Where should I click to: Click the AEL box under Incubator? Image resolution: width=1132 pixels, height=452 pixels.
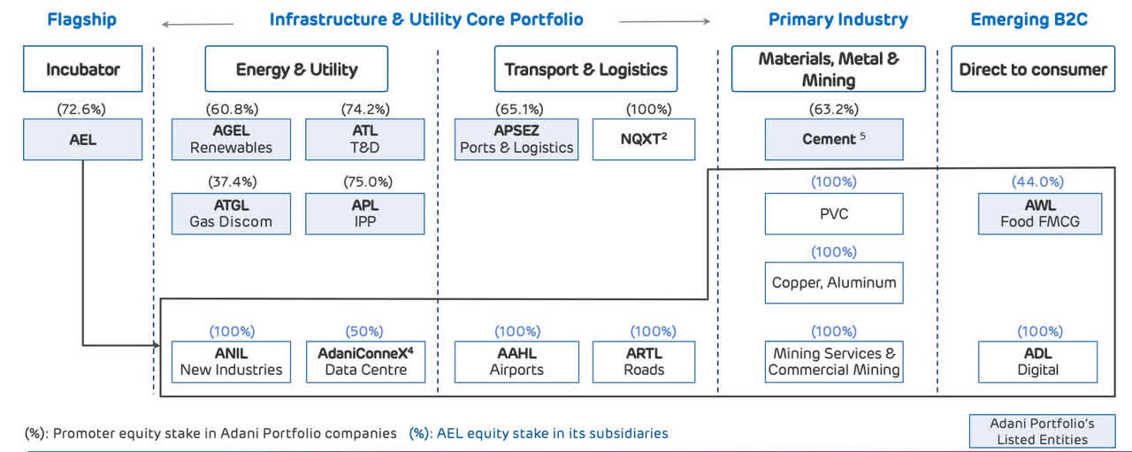83,140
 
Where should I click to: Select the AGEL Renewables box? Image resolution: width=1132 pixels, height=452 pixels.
231,140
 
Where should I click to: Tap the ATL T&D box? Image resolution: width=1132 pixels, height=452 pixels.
364,140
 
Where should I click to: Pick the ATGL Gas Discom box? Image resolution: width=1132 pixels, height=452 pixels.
231,213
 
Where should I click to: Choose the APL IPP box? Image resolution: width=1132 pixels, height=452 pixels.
364,213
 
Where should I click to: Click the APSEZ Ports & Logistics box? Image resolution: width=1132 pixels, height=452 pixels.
516,140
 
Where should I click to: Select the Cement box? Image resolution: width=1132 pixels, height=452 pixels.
834,140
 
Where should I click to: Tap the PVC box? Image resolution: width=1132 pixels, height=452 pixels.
834,213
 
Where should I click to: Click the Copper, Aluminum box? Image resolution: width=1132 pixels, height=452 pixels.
834,283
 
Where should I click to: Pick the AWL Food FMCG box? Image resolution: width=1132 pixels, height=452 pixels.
1040,213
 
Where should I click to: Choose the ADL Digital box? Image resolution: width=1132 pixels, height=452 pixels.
1038,361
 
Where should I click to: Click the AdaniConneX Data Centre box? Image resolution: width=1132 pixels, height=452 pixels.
365,361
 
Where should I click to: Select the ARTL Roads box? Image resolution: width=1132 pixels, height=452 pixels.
643,361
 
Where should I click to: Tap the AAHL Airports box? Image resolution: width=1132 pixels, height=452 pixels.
516,361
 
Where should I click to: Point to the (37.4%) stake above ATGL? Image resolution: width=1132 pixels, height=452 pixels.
231,182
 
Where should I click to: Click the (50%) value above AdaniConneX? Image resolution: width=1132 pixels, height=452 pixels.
364,332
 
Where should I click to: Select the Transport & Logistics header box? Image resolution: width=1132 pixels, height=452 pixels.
585,69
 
